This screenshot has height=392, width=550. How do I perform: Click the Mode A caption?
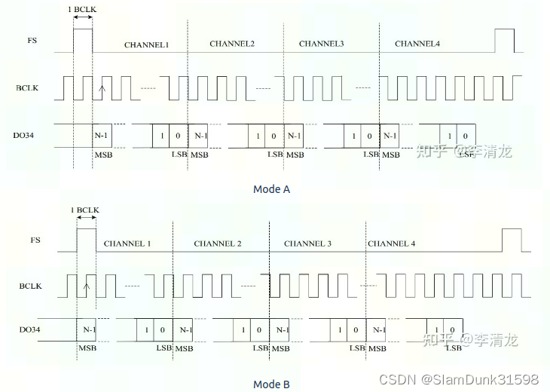click(271, 189)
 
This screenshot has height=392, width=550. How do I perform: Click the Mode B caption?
click(271, 384)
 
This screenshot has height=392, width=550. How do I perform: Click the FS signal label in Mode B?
click(35, 240)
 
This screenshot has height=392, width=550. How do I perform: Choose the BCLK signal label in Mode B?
click(31, 286)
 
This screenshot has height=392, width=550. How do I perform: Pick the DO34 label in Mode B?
click(30, 329)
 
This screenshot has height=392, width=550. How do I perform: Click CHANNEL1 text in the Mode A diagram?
click(146, 45)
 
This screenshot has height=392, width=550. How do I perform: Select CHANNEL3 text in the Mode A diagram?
click(321, 44)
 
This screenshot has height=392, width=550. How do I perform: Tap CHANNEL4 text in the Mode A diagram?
click(417, 44)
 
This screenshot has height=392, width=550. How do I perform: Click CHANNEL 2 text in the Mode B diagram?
click(218, 243)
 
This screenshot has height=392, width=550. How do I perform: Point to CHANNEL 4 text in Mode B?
click(391, 243)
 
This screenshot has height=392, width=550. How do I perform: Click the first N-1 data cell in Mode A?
click(102, 136)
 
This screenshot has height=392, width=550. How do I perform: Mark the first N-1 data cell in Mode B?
click(89, 330)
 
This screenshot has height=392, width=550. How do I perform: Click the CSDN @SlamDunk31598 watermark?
click(458, 379)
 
